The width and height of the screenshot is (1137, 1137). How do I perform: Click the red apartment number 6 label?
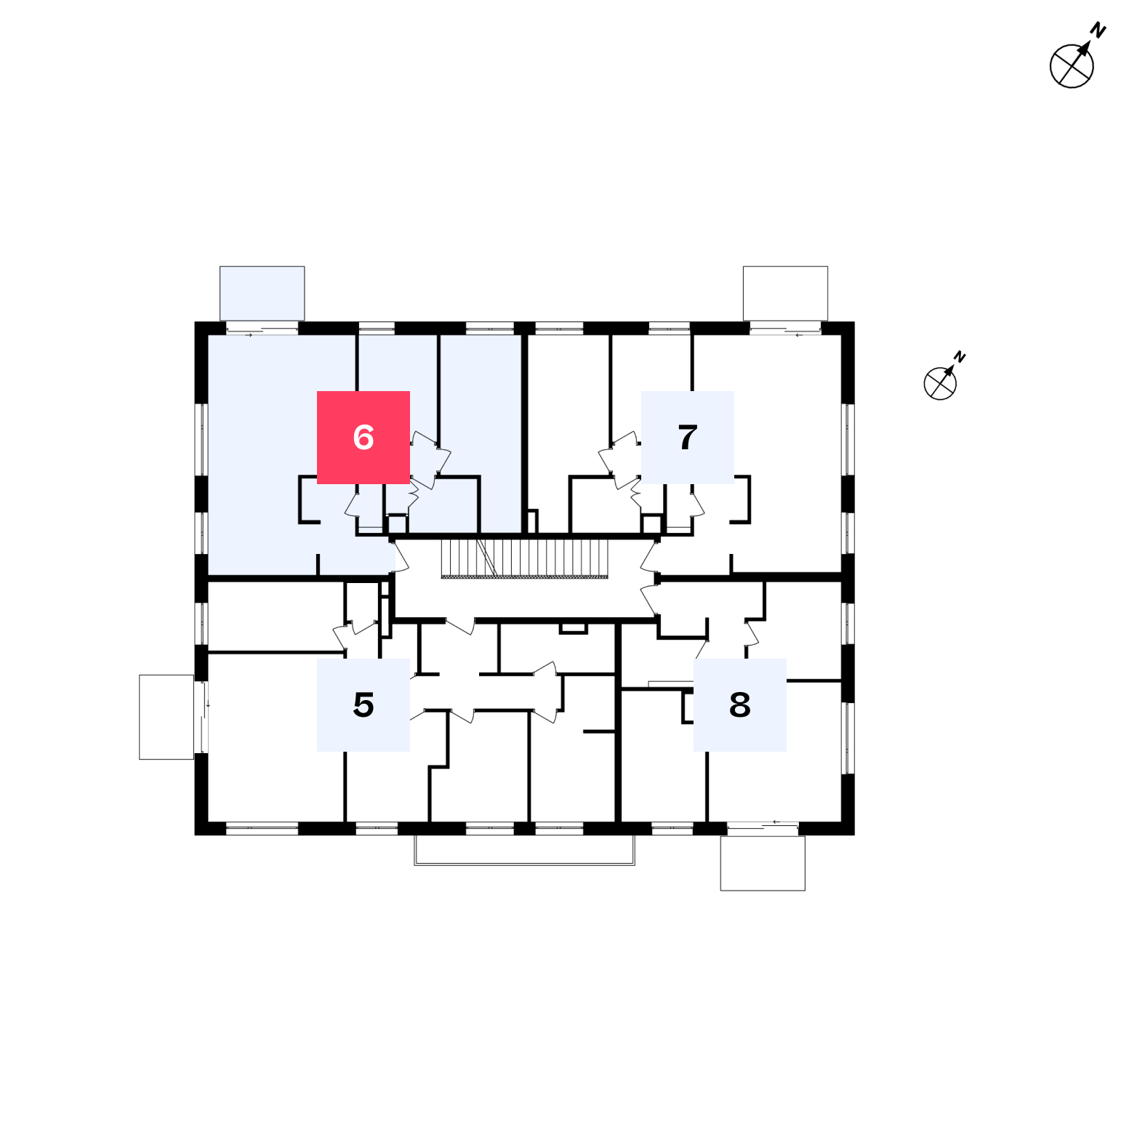(363, 438)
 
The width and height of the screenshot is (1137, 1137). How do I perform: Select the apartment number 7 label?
(688, 438)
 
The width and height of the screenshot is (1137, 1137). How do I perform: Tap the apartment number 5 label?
(363, 705)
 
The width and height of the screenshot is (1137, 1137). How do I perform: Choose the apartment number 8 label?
(740, 705)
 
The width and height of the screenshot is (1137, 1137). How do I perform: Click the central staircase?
(525, 558)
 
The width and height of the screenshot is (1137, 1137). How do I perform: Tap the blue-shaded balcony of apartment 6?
(262, 293)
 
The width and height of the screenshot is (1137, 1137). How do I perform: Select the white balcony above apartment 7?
(785, 293)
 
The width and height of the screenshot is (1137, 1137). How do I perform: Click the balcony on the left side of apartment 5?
(166, 717)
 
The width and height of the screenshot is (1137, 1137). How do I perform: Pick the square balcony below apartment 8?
(763, 863)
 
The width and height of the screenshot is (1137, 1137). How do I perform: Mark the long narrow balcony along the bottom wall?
(524, 850)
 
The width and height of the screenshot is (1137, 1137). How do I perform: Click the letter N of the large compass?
(1098, 31)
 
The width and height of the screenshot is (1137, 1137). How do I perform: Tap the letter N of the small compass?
(960, 357)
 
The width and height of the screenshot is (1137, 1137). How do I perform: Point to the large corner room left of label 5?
(276, 738)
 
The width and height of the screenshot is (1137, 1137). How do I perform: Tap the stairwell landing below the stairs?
(525, 599)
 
